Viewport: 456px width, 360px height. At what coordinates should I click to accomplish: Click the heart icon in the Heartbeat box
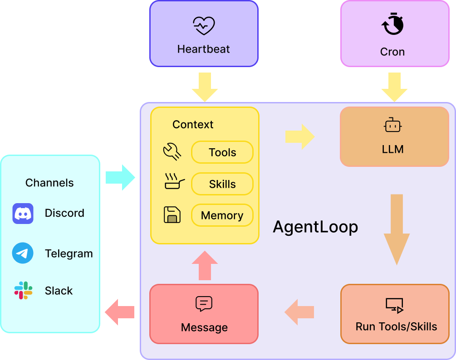(203, 26)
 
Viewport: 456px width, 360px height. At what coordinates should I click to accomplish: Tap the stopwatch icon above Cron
(392, 24)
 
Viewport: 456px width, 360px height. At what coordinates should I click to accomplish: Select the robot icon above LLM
(393, 125)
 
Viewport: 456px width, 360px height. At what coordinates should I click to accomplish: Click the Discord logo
(23, 213)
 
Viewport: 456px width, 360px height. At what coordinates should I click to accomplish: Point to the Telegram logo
(23, 253)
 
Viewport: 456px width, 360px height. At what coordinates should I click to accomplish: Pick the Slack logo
(23, 291)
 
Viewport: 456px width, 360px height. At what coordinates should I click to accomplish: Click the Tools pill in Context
(222, 152)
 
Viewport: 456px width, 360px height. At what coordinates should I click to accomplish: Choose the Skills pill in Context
(222, 184)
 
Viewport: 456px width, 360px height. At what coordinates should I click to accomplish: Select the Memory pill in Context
(222, 215)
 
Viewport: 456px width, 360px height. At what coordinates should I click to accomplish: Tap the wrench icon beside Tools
(172, 152)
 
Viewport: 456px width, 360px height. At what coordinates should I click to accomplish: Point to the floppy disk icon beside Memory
(172, 214)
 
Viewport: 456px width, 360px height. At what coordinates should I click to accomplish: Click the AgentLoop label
(315, 227)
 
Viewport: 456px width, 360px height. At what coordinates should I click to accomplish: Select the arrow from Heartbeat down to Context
(205, 87)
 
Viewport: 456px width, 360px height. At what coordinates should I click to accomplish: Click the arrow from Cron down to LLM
(394, 87)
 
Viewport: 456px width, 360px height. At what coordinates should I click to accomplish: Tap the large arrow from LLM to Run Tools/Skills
(397, 229)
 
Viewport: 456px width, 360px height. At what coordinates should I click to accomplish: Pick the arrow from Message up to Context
(205, 265)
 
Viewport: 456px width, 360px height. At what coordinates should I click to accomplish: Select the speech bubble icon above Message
(204, 304)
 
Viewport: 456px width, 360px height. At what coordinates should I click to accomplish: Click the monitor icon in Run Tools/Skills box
(394, 305)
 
